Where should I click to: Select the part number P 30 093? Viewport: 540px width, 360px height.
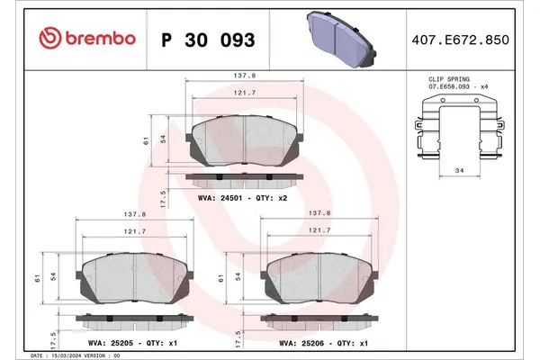click(x=206, y=40)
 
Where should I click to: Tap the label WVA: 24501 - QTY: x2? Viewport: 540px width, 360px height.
click(x=241, y=196)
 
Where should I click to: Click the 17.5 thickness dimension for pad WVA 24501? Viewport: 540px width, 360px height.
click(x=161, y=196)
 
